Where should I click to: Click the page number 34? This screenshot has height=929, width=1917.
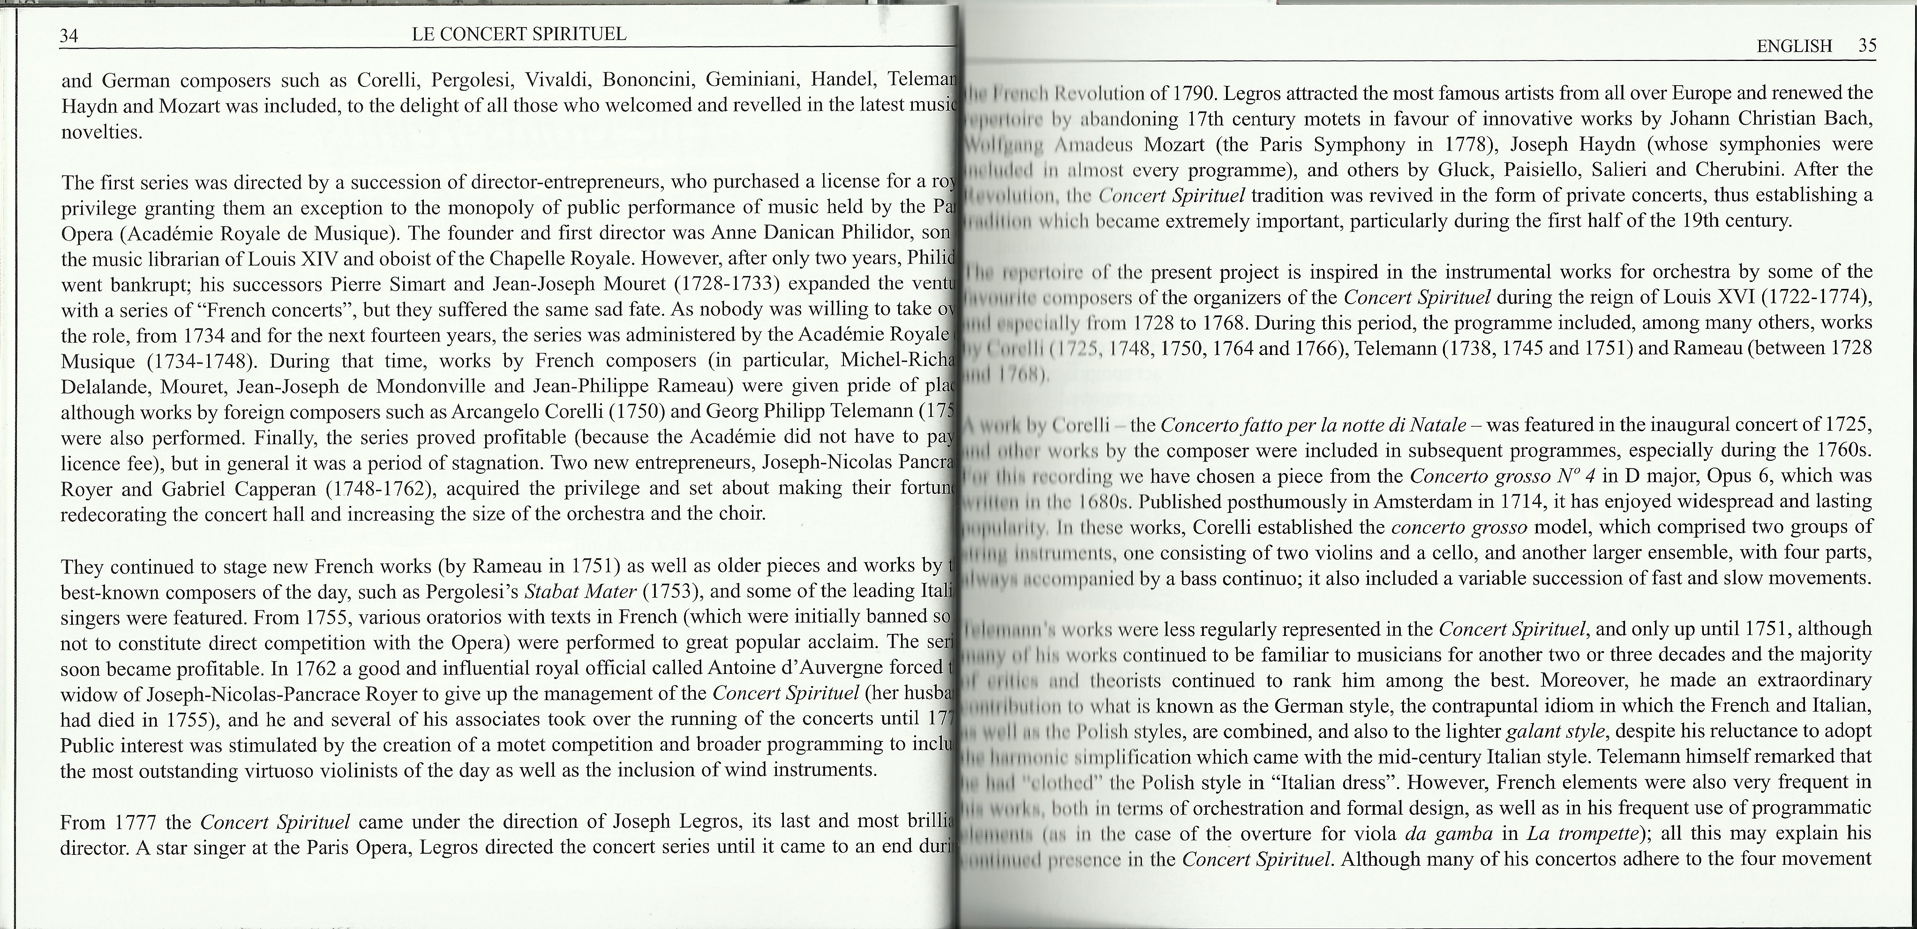point(69,35)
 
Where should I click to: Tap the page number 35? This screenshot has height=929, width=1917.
point(1867,46)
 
